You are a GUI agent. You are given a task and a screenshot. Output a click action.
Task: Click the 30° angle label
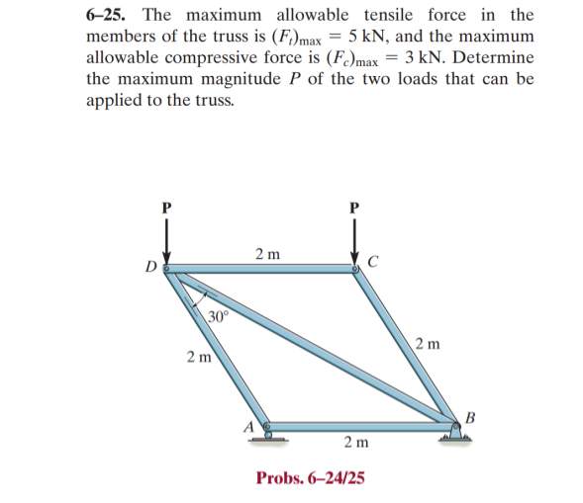(218, 316)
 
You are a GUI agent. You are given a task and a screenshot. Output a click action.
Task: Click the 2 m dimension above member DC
(266, 253)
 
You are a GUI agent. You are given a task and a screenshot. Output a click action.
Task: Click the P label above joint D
(165, 208)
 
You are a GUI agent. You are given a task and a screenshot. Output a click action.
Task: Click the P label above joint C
(353, 208)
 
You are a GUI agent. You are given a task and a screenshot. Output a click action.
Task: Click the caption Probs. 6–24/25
(310, 478)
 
